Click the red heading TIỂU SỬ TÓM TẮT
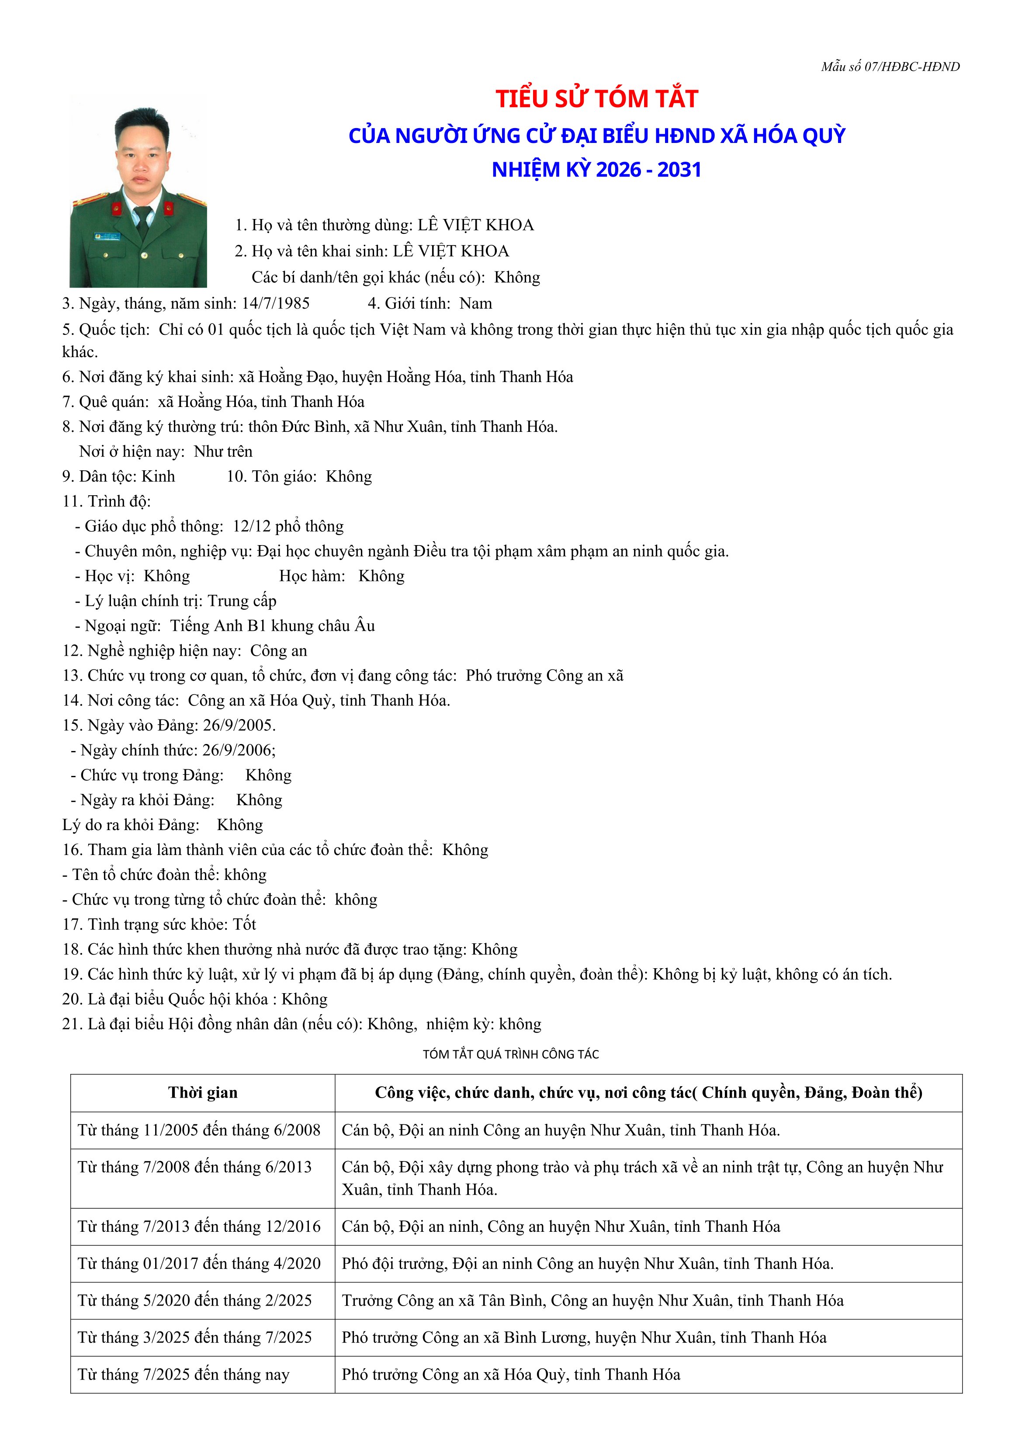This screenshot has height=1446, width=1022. pyautogui.click(x=596, y=99)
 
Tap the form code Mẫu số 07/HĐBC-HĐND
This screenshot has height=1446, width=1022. pyautogui.click(x=890, y=67)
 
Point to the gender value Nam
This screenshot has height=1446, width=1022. pyautogui.click(x=475, y=303)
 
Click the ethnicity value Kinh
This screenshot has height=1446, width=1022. pyautogui.click(x=158, y=477)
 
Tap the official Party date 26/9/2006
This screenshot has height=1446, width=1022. pyautogui.click(x=240, y=750)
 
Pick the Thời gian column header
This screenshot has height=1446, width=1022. pyautogui.click(x=203, y=1093)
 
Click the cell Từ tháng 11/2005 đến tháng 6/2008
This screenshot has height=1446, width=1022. pyautogui.click(x=199, y=1130)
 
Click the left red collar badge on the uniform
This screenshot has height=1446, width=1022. pyautogui.click(x=117, y=209)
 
